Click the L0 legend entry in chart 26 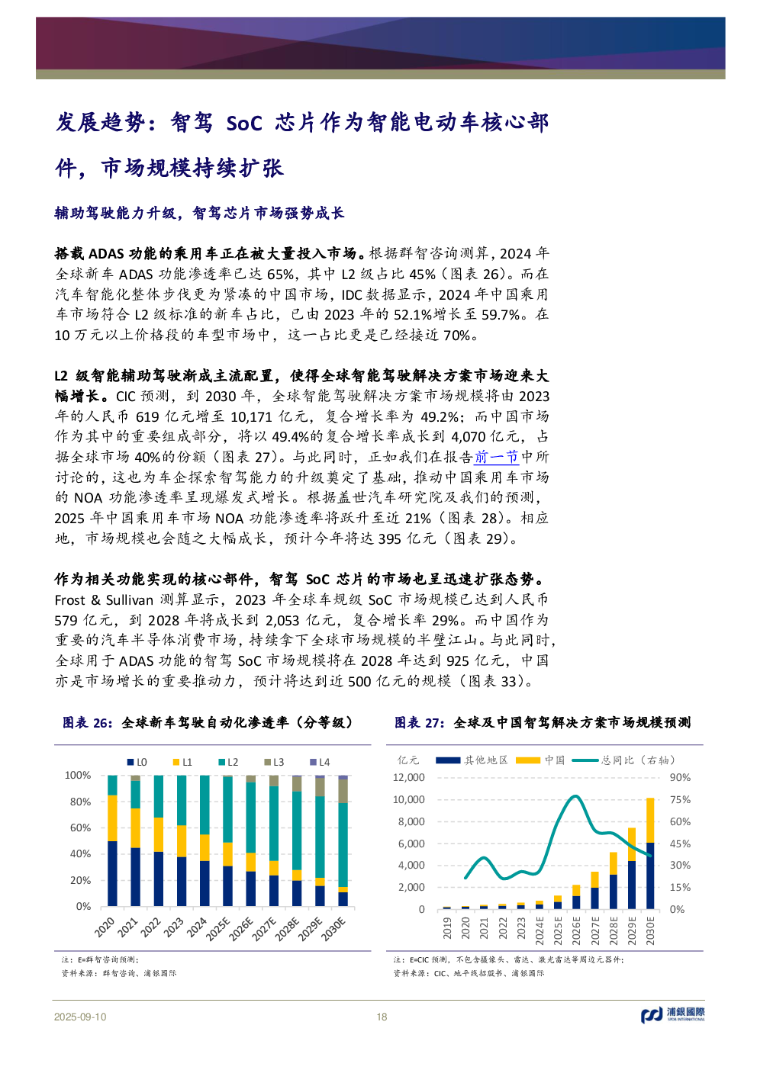click(x=137, y=762)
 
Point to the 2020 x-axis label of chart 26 click(x=105, y=927)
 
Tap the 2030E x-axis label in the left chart click(x=333, y=929)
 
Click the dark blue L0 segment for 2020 click(x=112, y=873)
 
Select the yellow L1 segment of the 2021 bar click(x=135, y=827)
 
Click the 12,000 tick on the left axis click(x=408, y=777)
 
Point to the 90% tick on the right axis click(x=680, y=777)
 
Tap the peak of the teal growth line click(x=575, y=796)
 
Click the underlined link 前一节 click(x=496, y=457)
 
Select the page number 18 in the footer click(x=382, y=1017)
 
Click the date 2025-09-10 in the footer click(x=80, y=1017)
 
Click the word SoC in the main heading click(x=243, y=123)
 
